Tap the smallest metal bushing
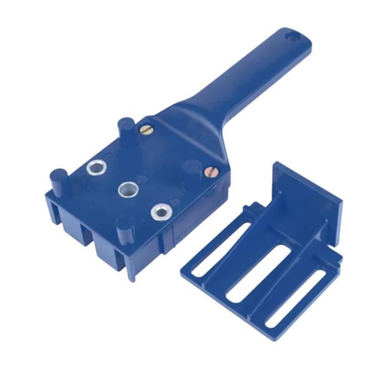tap(160, 212)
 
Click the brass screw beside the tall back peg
tap(145, 130)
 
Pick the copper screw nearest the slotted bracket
tap(210, 169)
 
